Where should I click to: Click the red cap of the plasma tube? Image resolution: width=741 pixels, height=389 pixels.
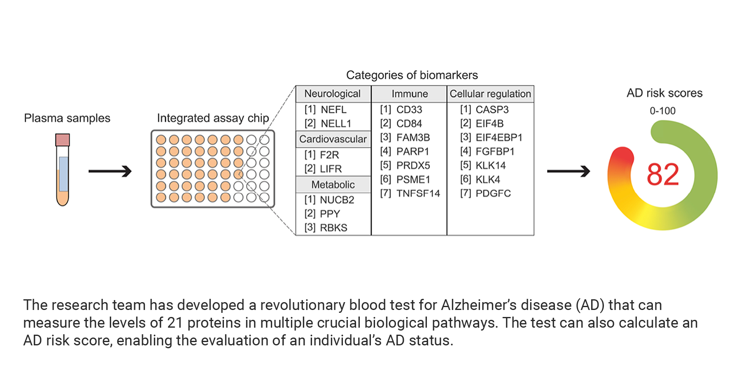[63, 140]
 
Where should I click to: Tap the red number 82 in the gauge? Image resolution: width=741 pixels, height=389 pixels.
[663, 175]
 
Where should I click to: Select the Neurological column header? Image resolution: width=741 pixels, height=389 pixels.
[333, 94]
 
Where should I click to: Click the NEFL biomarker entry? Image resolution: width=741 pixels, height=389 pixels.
[326, 110]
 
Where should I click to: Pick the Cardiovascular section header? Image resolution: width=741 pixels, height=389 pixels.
[333, 139]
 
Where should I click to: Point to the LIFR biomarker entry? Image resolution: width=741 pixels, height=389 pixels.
[323, 169]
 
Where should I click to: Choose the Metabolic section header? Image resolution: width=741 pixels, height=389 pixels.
[333, 184]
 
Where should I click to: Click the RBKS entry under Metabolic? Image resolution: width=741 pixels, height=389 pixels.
[326, 228]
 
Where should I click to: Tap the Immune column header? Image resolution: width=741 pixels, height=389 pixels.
[410, 94]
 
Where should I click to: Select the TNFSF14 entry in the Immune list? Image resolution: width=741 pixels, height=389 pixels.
[410, 193]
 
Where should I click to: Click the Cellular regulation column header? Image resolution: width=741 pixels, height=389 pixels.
[490, 94]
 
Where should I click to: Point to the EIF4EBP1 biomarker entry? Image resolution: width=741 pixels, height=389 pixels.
[491, 137]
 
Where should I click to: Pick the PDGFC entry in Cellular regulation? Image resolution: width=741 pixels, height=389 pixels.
[485, 193]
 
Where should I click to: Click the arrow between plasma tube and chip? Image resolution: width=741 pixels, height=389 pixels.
[110, 171]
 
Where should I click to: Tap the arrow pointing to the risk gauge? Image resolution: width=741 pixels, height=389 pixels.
[569, 171]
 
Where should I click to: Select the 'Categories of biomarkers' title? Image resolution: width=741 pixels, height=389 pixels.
[412, 75]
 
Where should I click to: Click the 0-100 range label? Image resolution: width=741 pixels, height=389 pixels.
[663, 111]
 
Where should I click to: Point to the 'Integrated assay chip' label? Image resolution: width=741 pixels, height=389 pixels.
[213, 119]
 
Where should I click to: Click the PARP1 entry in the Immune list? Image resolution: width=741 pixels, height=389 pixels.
[405, 151]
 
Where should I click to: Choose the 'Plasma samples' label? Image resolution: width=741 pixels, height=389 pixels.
[67, 118]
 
